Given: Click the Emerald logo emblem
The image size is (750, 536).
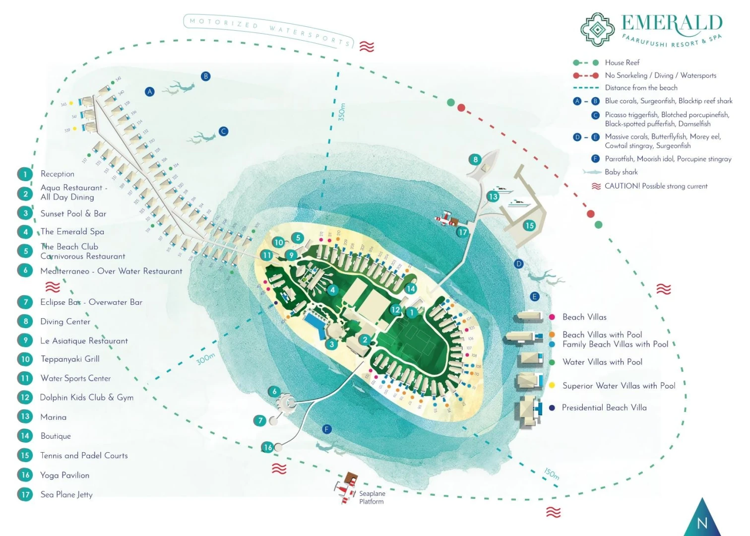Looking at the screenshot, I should (x=598, y=30).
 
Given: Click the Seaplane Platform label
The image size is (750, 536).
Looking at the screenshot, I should (x=372, y=497).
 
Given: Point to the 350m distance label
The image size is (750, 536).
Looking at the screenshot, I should (x=342, y=112).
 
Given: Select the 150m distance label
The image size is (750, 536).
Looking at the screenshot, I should (x=551, y=473).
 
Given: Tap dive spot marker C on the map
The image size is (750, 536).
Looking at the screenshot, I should (x=224, y=132).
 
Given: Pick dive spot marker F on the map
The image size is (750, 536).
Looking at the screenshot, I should (x=327, y=429).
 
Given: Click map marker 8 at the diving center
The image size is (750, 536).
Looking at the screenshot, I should (x=475, y=160).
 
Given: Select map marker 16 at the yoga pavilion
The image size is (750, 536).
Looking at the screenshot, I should (x=268, y=447).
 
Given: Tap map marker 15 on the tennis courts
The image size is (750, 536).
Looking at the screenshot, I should (x=529, y=225).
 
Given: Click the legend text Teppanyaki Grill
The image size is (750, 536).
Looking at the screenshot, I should (x=70, y=359).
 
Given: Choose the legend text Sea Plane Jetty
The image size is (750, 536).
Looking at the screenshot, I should (x=66, y=494).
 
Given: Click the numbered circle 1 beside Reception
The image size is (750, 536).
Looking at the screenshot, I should (x=25, y=174).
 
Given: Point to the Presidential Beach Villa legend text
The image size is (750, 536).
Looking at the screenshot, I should (x=604, y=407).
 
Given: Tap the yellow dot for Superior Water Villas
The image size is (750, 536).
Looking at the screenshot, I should (x=552, y=385).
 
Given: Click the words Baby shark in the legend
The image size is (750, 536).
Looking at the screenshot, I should (x=621, y=172).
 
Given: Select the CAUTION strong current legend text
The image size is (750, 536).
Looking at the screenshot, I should (x=656, y=186).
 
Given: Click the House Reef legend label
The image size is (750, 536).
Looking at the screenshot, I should (x=622, y=63).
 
